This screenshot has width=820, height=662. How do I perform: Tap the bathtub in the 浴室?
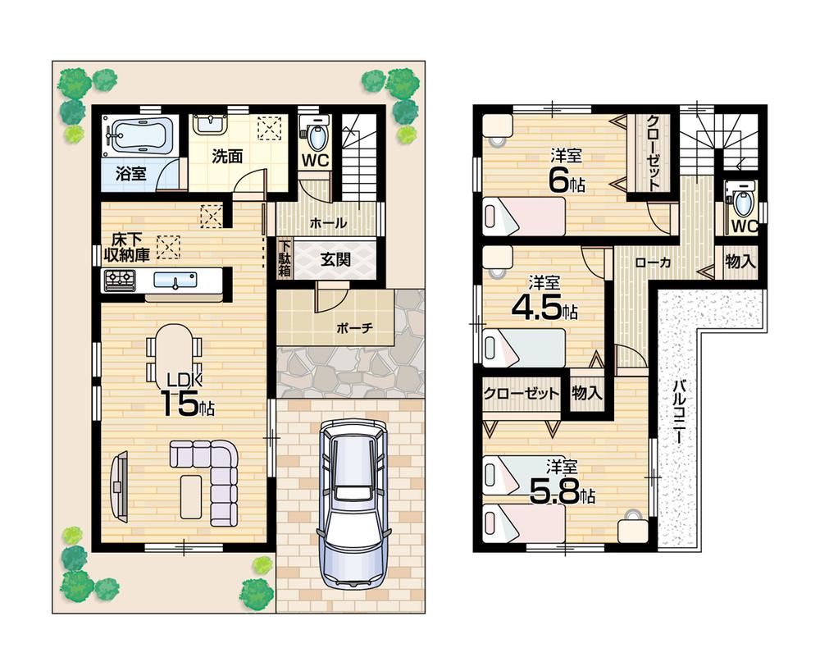pyautogui.click(x=140, y=135)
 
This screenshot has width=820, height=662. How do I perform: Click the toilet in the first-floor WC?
pyautogui.click(x=316, y=131)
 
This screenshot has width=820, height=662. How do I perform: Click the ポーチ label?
pyautogui.click(x=354, y=327)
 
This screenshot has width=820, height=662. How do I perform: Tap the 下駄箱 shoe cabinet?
pyautogui.click(x=285, y=258)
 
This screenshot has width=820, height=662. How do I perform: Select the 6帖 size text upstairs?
pyautogui.click(x=566, y=181)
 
